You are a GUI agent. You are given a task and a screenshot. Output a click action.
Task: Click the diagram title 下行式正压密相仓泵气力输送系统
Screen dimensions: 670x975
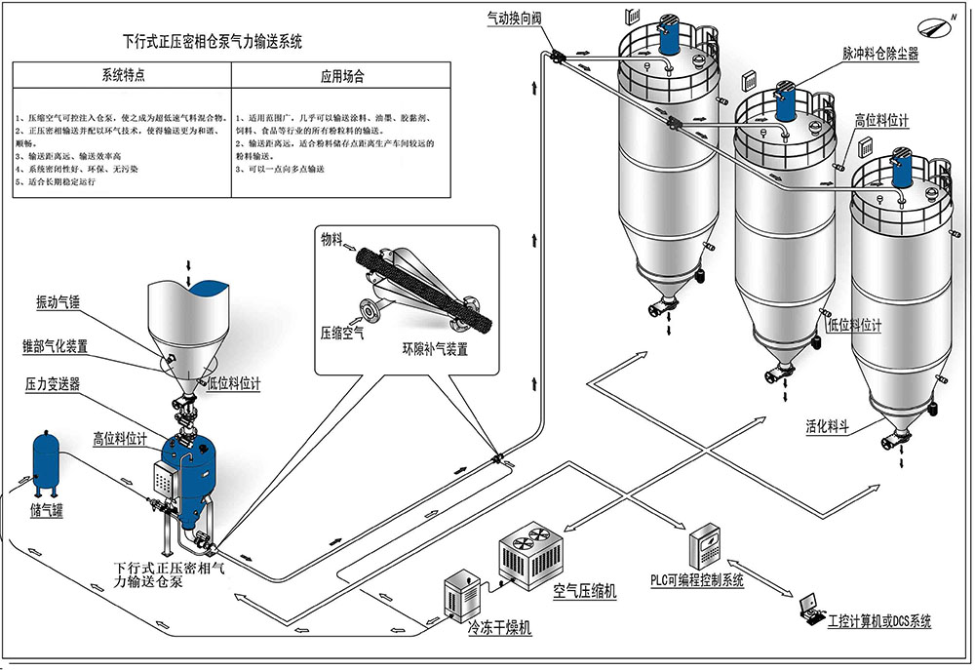[x=213, y=42]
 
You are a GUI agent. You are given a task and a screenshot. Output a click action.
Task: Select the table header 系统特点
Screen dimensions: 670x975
[x=122, y=75]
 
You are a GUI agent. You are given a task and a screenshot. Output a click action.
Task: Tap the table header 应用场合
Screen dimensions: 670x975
[x=341, y=75]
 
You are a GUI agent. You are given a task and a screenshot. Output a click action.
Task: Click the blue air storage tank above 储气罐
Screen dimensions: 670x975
[x=45, y=458]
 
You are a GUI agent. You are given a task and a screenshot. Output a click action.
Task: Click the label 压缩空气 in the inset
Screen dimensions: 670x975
[x=342, y=334]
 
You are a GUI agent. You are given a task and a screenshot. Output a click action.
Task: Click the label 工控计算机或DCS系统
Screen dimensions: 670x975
[x=878, y=621]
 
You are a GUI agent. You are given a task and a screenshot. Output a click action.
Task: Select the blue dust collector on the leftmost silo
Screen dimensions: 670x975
[x=671, y=36]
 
